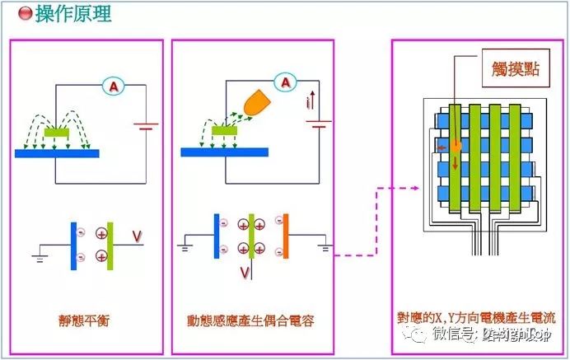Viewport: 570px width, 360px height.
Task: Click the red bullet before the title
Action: point(25,14)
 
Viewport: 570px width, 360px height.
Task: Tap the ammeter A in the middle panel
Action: point(285,82)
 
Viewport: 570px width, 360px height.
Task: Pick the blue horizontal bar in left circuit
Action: point(57,153)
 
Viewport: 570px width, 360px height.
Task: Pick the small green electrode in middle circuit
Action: point(224,131)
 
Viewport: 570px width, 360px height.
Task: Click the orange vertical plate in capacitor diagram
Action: point(285,236)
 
